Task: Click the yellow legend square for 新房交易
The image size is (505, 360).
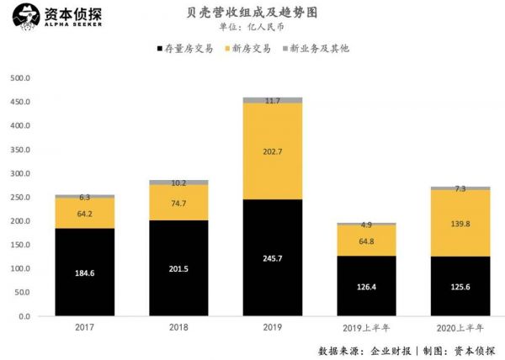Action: (231, 49)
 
